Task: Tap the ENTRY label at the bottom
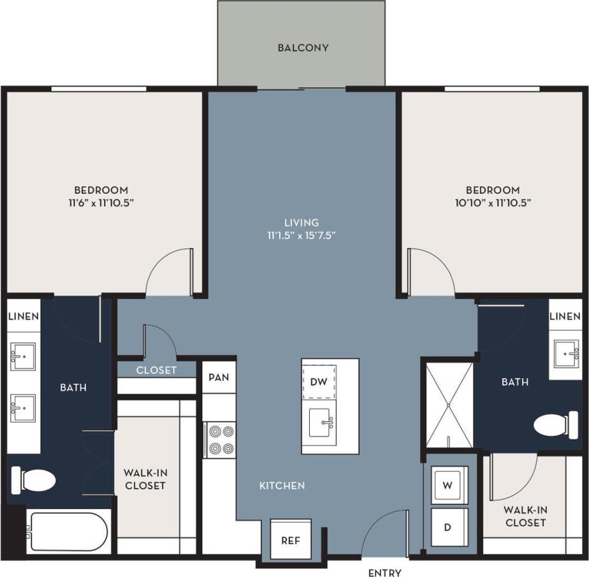pos(384,573)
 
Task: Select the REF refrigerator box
pos(291,540)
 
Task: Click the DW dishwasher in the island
pos(319,381)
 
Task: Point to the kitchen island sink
pos(321,423)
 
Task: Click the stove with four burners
pos(221,440)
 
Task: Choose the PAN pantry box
pos(219,377)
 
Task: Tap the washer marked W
pos(449,485)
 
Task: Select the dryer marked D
pos(449,527)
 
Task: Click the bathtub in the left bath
pos(67,532)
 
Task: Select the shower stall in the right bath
pos(449,404)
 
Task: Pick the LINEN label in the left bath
pos(24,316)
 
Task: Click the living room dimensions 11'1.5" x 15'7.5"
pos(302,235)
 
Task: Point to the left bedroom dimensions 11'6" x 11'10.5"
pos(101,202)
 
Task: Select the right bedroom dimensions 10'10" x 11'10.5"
pos(492,202)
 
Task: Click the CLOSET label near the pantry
pos(156,370)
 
